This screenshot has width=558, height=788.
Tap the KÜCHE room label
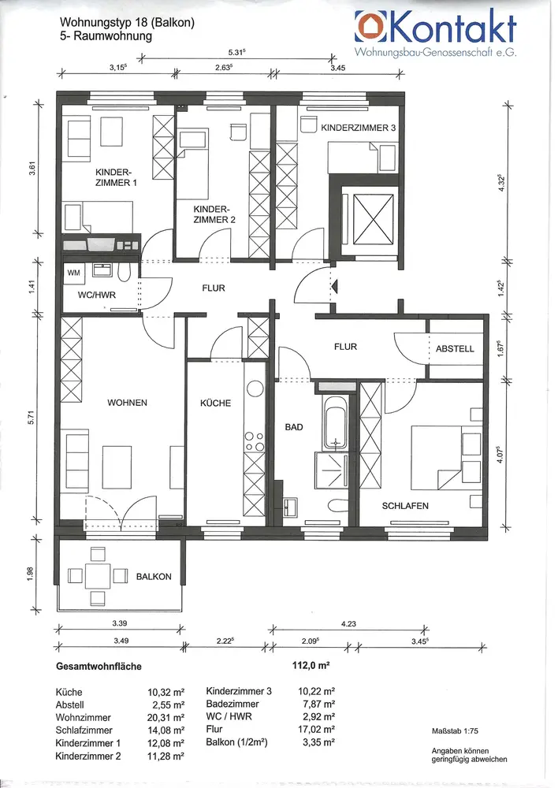215,403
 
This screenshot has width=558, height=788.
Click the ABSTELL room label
455,349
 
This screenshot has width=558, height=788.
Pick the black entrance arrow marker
335,288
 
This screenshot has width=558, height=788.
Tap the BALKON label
154,577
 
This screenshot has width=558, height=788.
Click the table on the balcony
98,576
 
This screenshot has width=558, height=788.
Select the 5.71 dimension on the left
32,417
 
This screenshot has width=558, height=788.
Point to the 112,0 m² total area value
311,665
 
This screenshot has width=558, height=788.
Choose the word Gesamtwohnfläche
99,667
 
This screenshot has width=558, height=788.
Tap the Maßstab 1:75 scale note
455,732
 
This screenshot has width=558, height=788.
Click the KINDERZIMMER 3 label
359,128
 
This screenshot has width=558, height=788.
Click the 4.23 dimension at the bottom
348,623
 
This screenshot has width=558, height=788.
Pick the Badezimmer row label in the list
232,704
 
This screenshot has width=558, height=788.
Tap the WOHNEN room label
127,403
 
